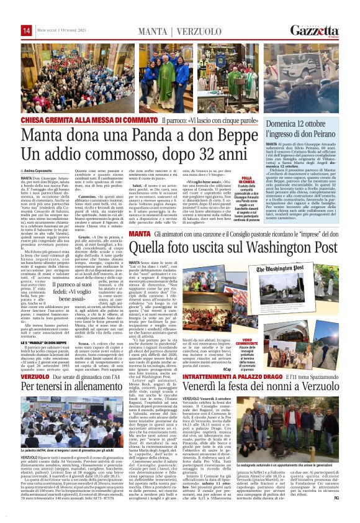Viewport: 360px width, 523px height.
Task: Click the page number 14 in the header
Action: coord(27,30)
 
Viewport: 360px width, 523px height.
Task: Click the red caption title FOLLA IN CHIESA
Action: coord(254,180)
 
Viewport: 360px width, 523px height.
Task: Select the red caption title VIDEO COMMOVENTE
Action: coord(254,325)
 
